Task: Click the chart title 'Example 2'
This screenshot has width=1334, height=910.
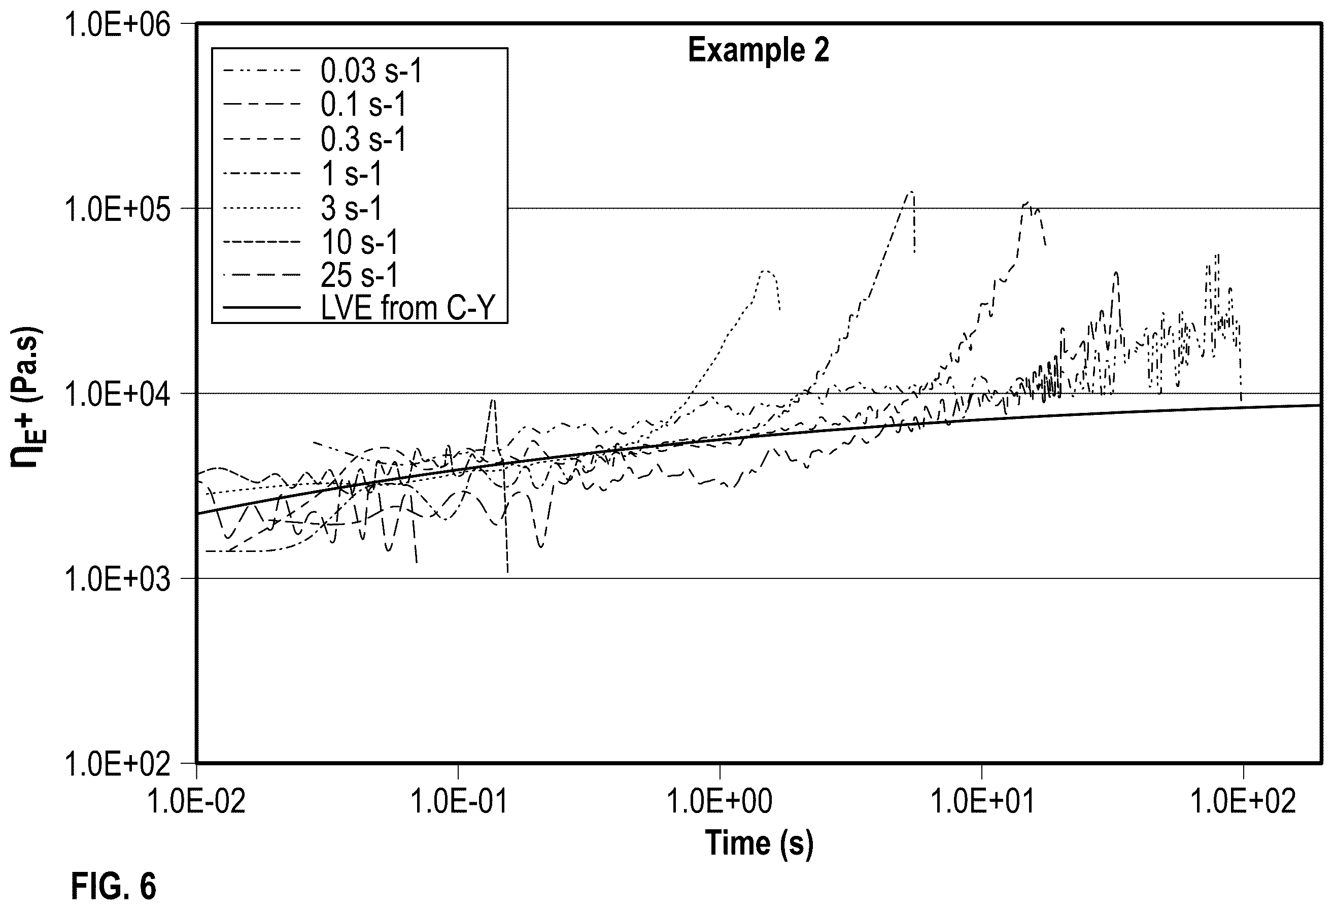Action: (x=758, y=50)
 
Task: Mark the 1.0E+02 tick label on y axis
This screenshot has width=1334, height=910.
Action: (x=118, y=764)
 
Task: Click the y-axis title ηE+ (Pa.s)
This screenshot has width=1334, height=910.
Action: (x=26, y=397)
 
